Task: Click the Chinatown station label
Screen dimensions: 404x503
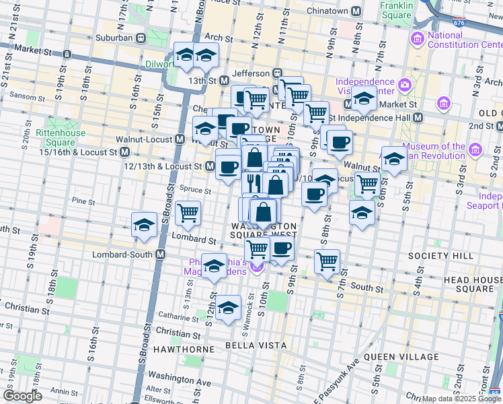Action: click(328, 11)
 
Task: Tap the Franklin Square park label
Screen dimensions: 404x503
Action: click(395, 10)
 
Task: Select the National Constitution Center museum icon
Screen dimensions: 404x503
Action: click(418, 39)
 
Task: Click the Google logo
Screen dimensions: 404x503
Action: click(22, 396)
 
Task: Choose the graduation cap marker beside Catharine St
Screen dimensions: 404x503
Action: click(229, 308)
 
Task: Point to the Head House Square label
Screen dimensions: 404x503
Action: click(466, 284)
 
